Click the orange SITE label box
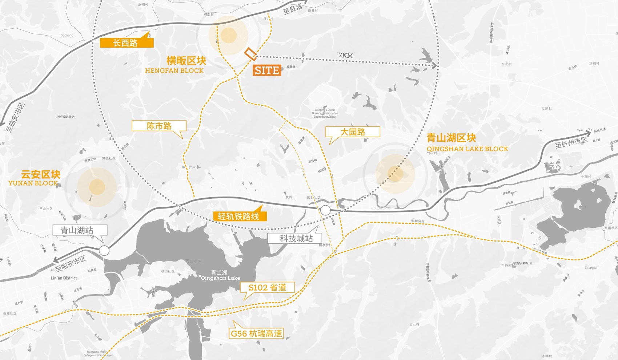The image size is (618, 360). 267,70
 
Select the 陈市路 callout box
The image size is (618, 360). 159,126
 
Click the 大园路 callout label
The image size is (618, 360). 353,132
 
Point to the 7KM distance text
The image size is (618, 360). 345,55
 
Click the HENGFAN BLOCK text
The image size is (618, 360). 174,71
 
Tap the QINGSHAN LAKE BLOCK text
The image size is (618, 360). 467,149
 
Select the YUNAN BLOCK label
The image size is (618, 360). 33,183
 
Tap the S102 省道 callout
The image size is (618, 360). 267,288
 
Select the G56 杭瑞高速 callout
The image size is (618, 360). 256,333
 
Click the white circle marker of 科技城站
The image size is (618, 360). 325,210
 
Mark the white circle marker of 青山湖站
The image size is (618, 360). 104,251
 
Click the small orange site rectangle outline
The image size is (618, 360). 250,53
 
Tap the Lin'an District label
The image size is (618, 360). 64,278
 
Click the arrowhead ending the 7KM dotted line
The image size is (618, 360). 434,65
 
